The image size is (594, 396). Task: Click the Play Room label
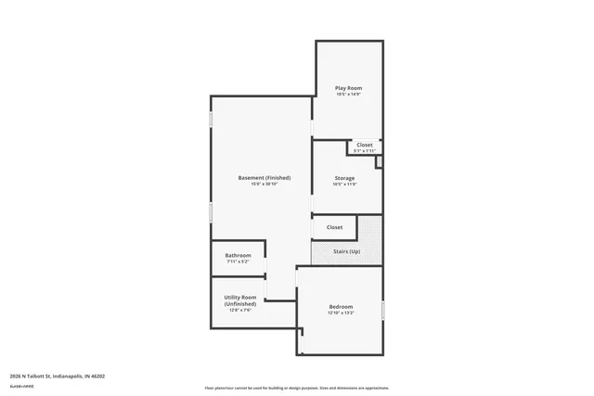[348, 88]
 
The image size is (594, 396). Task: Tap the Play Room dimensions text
[348, 95]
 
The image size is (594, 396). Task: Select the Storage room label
[344, 177]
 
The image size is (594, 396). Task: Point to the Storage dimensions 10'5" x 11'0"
[344, 184]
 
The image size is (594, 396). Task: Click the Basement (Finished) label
[264, 177]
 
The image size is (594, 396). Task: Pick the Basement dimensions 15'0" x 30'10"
[264, 184]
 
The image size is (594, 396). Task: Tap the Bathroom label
[238, 255]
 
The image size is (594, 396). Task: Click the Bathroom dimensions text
[238, 262]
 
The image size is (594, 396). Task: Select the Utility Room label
[240, 298]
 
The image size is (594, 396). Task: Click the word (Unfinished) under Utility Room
[240, 304]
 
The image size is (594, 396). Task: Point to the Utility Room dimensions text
[240, 310]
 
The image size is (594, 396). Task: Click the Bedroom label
[341, 307]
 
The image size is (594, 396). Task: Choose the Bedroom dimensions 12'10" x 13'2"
[341, 313]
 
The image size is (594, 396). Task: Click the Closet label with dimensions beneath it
[365, 145]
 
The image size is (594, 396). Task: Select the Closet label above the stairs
[334, 227]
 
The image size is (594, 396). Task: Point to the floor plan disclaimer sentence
[296, 388]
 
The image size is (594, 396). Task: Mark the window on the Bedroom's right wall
[382, 310]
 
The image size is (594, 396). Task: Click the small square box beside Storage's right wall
[379, 161]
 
